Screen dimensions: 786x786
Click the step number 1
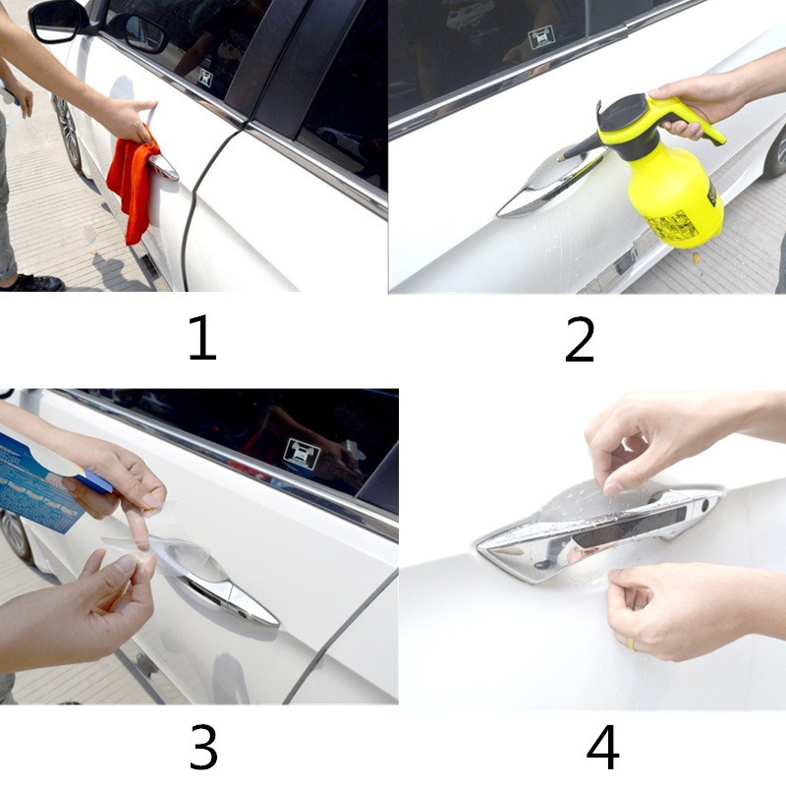click(x=201, y=340)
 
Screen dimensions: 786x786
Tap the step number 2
click(x=580, y=340)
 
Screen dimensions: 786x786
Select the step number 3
click(x=202, y=749)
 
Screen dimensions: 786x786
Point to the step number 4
click(x=602, y=749)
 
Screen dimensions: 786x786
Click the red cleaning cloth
click(x=133, y=187)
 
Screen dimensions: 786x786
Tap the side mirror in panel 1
click(x=59, y=20)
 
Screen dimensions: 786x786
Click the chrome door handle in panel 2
click(x=535, y=192)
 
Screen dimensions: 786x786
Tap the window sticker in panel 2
click(x=541, y=38)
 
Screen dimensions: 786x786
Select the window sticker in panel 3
click(x=300, y=452)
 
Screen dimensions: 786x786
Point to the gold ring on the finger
click(x=633, y=645)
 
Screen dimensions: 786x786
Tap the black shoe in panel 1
click(x=34, y=282)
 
